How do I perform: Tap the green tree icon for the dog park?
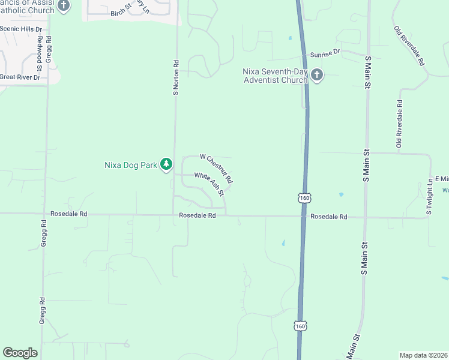[167, 164]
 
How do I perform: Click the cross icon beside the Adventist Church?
[317, 75]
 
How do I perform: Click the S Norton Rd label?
[176, 77]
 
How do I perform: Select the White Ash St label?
[209, 184]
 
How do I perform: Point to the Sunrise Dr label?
[325, 53]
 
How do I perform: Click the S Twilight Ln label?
[430, 196]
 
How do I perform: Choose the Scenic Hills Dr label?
[22, 29]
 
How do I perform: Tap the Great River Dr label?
[20, 77]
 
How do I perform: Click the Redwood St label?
[40, 49]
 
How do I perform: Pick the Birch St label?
[121, 11]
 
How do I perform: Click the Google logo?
[20, 353]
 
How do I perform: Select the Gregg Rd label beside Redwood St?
[49, 49]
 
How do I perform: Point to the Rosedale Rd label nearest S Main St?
[329, 217]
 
